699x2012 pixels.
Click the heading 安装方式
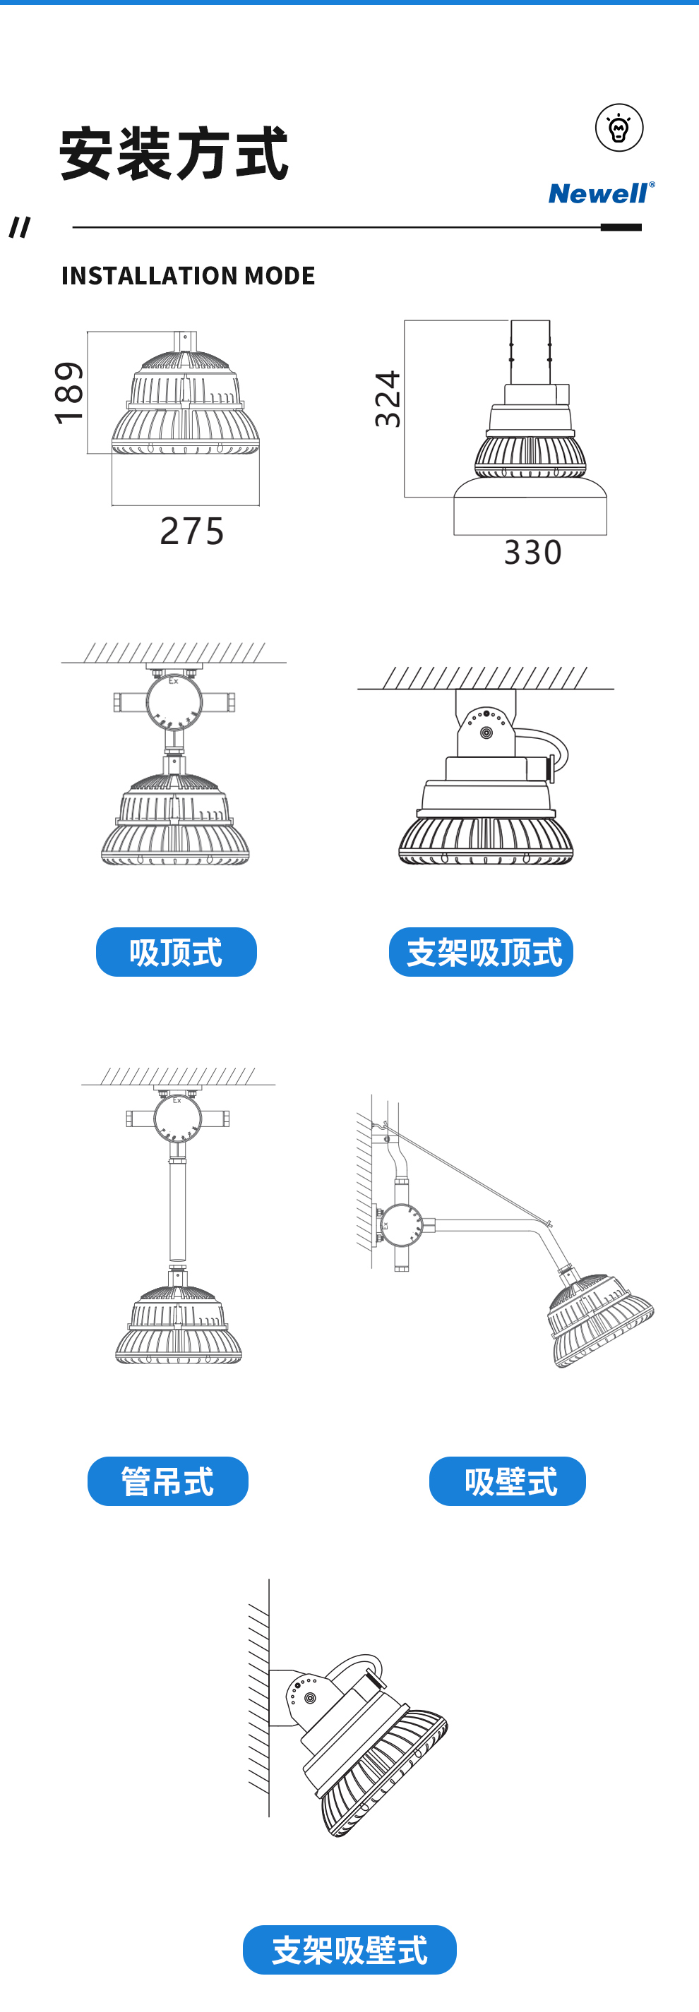tap(174, 154)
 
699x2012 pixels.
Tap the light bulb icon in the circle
tap(619, 127)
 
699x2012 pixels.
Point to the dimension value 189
tap(68, 393)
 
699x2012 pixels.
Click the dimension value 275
tap(192, 531)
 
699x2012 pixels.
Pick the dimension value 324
tap(388, 399)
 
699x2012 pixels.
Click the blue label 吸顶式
tap(177, 952)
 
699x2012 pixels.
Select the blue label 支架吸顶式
tap(481, 952)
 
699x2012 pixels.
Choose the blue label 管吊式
tap(168, 1481)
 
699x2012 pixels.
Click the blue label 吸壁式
tap(508, 1481)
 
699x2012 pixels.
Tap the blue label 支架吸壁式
tap(350, 1949)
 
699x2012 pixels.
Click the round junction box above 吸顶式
tap(174, 700)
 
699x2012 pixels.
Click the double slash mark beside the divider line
tap(20, 227)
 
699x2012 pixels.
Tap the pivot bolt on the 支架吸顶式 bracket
tap(486, 733)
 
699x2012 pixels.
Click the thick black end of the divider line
tap(621, 227)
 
